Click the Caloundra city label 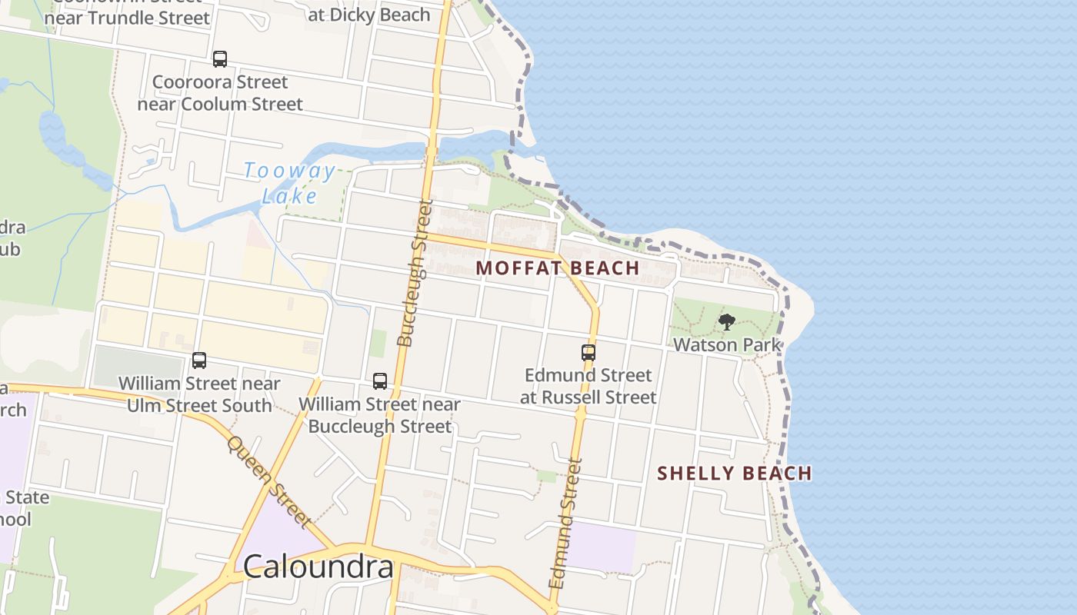click(318, 567)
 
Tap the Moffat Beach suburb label click(558, 268)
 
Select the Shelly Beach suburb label click(735, 474)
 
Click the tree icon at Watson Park click(726, 321)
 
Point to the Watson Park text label click(727, 344)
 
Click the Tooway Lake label click(290, 183)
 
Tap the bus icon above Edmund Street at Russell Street click(589, 353)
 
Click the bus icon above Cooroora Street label click(220, 59)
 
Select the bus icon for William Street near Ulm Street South click(199, 360)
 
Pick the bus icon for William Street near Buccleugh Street click(379, 381)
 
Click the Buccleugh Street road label click(415, 273)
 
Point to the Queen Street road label click(269, 482)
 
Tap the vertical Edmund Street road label click(566, 524)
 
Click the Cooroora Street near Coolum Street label click(220, 93)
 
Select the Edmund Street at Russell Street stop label click(589, 386)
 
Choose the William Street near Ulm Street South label click(199, 394)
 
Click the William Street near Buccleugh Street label click(379, 414)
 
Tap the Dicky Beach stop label click(368, 15)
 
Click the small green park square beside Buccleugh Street click(377, 343)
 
